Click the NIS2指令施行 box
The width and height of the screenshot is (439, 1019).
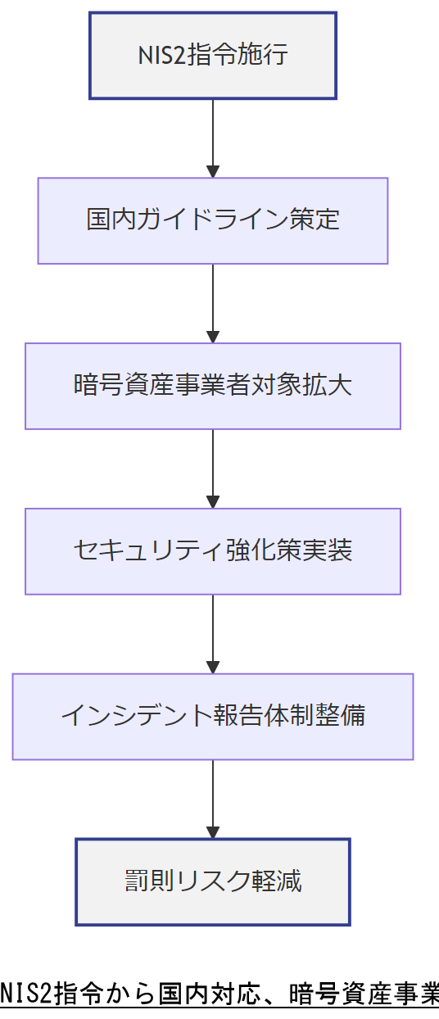(213, 56)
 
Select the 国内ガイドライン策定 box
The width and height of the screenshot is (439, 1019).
(213, 220)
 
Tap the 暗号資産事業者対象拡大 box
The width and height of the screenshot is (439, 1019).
(213, 386)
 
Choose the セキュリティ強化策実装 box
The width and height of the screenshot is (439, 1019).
(213, 551)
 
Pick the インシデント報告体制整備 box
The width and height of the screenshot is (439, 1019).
(213, 717)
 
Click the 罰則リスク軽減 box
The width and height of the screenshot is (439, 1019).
(213, 881)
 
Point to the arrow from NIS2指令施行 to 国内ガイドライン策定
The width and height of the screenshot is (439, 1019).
(213, 138)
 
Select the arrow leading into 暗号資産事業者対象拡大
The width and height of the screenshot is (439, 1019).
(213, 303)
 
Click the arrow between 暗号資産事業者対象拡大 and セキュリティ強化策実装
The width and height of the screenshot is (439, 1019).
(213, 469)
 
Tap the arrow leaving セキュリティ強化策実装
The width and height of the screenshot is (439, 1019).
(213, 634)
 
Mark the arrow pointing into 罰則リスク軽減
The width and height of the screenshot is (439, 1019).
(213, 799)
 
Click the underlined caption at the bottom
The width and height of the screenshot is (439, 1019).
(219, 993)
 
